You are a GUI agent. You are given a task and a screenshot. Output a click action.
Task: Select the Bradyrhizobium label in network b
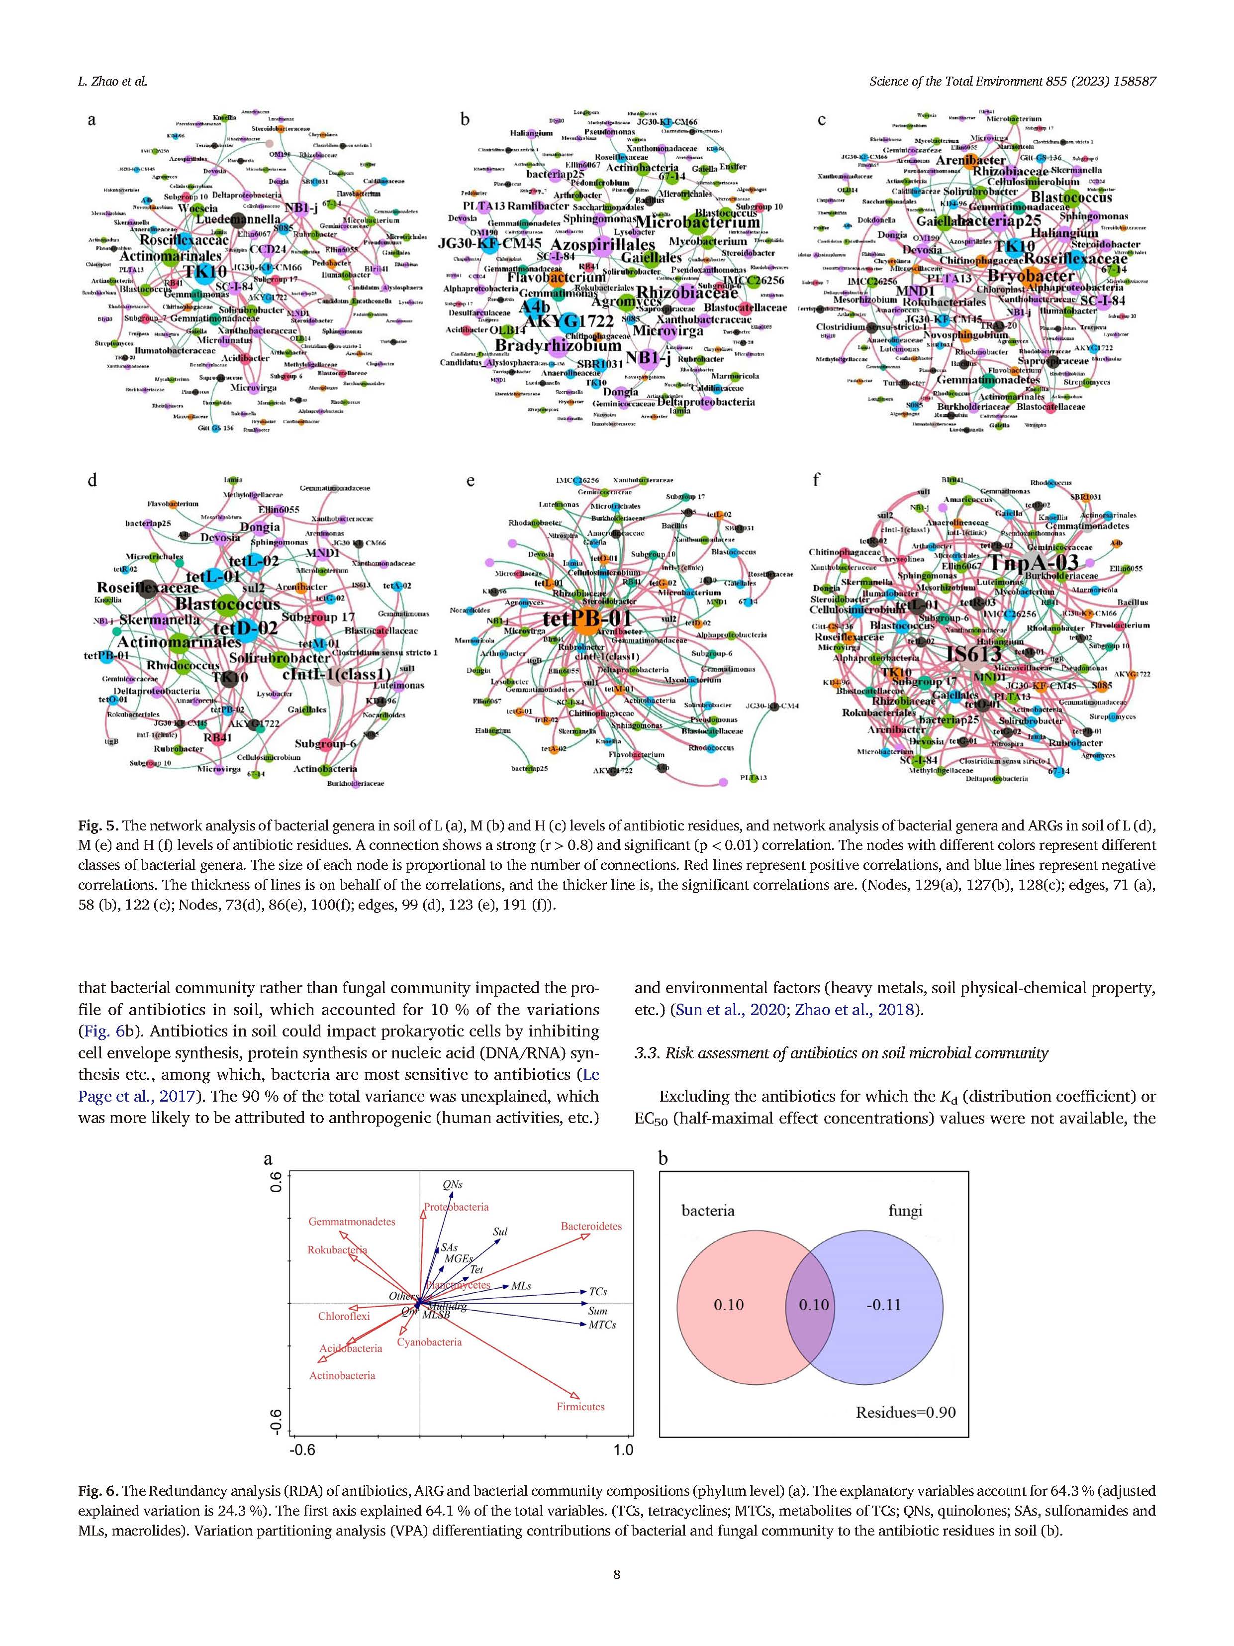click(558, 346)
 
